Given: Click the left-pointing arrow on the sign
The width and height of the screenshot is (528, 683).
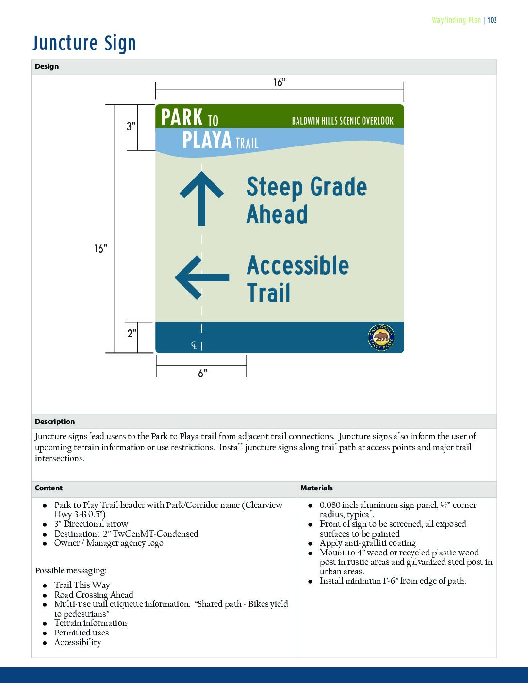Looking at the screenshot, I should [x=201, y=277].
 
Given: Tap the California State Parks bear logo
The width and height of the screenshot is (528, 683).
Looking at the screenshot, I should [x=381, y=337].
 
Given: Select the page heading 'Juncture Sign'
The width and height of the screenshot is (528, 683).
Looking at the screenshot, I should [x=84, y=43].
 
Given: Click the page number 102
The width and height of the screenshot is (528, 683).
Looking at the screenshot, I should [x=492, y=20].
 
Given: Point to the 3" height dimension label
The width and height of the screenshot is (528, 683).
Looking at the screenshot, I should [x=131, y=127].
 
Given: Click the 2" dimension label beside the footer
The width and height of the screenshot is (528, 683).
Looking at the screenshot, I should [x=132, y=334].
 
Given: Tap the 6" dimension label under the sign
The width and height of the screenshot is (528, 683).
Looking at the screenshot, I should [x=202, y=373].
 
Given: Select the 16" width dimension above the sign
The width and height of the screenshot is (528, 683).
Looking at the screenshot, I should [x=280, y=82].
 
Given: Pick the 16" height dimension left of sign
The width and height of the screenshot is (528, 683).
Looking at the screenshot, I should [x=100, y=249].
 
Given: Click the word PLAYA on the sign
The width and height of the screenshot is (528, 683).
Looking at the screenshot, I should [x=207, y=141].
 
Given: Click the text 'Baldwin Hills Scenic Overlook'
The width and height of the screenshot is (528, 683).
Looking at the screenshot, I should [x=343, y=121].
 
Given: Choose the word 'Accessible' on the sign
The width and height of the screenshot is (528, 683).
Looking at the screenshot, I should [x=298, y=265].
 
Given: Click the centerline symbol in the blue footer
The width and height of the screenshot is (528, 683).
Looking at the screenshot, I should [x=194, y=345].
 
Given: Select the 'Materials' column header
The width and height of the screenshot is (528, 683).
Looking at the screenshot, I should [x=316, y=488].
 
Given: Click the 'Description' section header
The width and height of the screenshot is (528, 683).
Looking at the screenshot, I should [x=55, y=422].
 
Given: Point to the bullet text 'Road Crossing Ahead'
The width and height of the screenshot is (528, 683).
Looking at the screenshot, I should [x=94, y=595].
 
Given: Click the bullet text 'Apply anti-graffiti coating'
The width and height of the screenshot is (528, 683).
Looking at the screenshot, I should [x=367, y=543].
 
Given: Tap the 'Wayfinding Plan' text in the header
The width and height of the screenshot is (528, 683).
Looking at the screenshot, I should [x=456, y=20].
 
